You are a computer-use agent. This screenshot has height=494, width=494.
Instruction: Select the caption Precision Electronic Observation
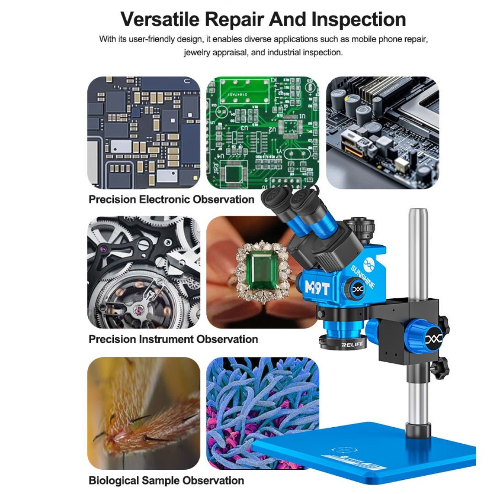pos(171,199)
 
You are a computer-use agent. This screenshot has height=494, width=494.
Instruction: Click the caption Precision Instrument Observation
pos(173,339)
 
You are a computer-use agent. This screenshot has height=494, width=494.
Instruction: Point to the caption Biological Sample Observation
pos(166,481)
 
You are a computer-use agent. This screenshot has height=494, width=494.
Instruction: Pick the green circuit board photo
pos(263,133)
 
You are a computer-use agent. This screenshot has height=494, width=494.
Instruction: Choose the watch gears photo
pos(144,272)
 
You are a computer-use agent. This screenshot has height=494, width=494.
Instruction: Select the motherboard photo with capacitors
pos(382,133)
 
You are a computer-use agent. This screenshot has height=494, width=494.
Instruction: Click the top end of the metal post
pos(418,213)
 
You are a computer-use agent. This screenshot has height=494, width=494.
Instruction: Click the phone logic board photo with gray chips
pos(144,133)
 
